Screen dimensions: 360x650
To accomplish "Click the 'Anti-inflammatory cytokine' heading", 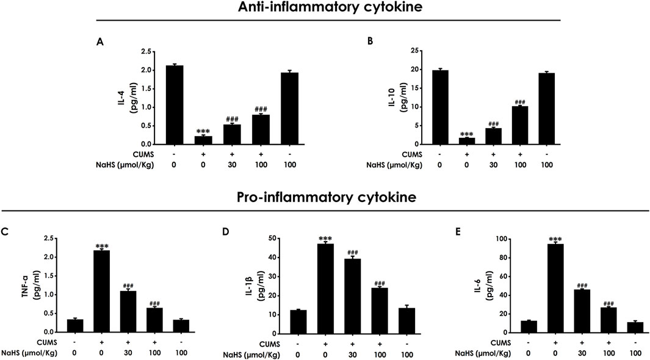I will point(325,8).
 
